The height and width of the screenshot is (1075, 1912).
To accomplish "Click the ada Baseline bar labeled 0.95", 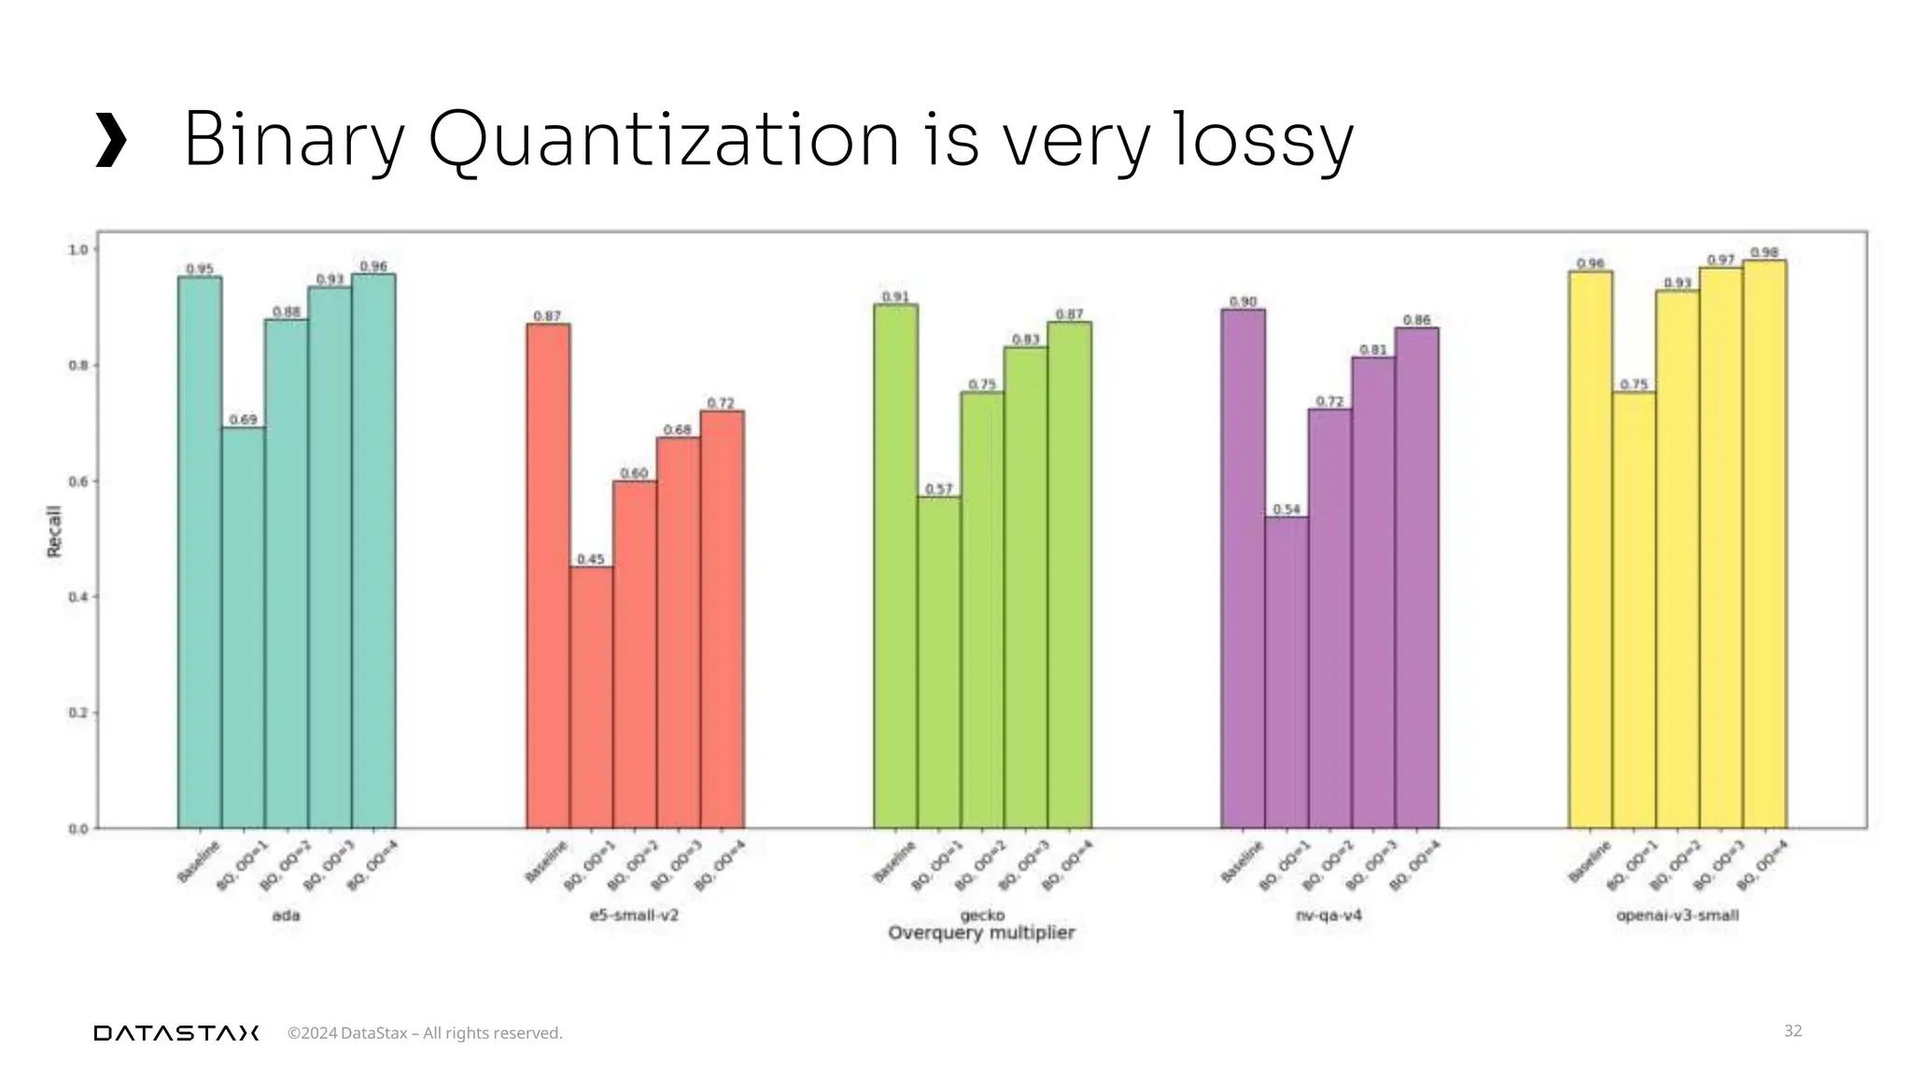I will tap(200, 551).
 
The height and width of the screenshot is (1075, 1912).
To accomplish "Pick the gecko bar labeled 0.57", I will tap(939, 662).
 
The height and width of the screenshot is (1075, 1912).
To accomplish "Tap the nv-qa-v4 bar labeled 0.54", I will tap(1286, 672).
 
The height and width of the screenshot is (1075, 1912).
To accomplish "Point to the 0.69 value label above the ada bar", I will tap(243, 420).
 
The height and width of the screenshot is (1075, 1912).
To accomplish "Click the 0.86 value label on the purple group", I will tap(1416, 320).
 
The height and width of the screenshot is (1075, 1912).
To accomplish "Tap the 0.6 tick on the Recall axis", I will tap(77, 482).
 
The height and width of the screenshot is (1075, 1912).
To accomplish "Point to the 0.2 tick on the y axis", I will tap(77, 713).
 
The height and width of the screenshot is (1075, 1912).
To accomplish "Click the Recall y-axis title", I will tap(54, 532).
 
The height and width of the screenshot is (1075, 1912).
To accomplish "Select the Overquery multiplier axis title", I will tap(981, 933).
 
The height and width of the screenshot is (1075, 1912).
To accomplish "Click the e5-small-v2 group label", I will tap(634, 915).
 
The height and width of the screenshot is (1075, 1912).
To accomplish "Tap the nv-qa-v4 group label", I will tap(1329, 915).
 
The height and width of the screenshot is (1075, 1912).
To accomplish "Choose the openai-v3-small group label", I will tap(1677, 915).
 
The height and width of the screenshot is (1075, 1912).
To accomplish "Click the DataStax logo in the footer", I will tap(176, 1033).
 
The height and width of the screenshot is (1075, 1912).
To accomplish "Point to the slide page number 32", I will tap(1792, 1030).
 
